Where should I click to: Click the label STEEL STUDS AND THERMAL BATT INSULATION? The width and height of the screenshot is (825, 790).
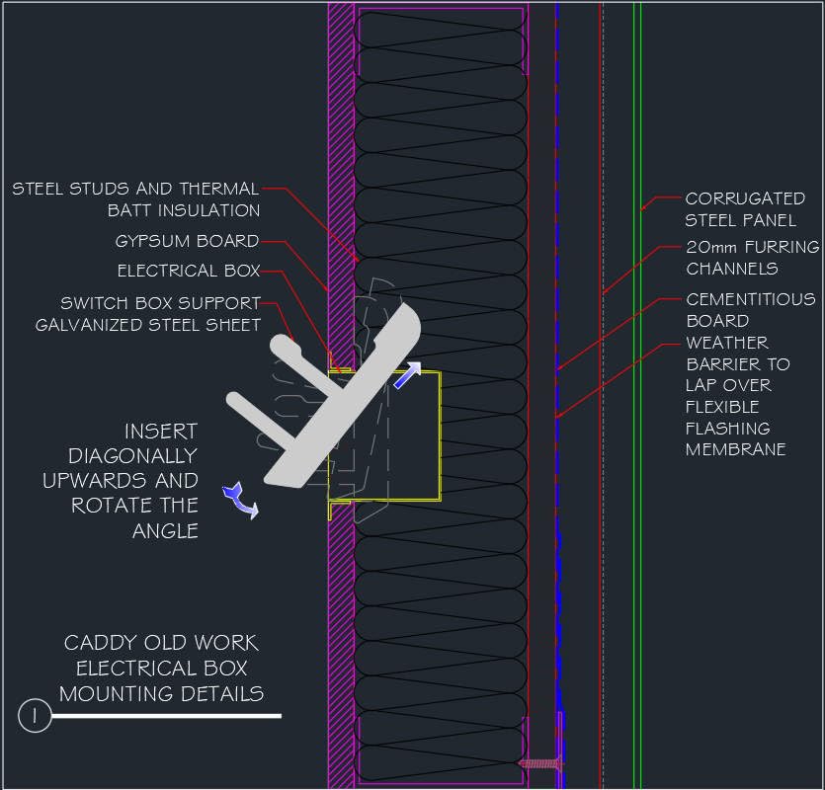[136, 198]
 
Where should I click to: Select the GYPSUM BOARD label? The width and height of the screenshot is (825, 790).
[187, 241]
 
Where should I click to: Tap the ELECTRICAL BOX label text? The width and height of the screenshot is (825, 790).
[189, 271]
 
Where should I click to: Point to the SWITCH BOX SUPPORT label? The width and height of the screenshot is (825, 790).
[160, 303]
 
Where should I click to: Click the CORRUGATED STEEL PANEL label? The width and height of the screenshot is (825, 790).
[745, 209]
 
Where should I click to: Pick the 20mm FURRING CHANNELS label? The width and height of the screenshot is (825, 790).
[752, 258]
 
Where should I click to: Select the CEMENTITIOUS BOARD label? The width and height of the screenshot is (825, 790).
[751, 309]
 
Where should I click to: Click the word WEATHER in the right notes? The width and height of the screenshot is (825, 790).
[727, 343]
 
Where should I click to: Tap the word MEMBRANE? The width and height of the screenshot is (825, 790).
[736, 449]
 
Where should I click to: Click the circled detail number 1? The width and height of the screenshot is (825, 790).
[35, 715]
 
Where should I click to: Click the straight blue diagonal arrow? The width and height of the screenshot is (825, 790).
[407, 375]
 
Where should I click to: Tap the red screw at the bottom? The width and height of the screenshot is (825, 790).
[540, 762]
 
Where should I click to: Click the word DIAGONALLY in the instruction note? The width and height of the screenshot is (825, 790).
[132, 456]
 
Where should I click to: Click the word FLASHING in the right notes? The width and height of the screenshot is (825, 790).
[728, 429]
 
